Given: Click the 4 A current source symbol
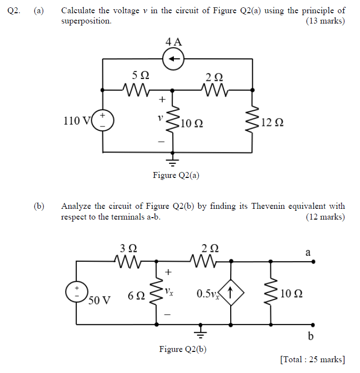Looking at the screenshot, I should click(x=172, y=59).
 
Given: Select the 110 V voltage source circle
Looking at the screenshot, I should click(x=103, y=120).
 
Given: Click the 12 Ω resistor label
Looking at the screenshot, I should click(x=272, y=122).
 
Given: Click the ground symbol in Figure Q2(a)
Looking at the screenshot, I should click(x=172, y=157).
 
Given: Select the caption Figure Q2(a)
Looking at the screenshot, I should click(x=176, y=175).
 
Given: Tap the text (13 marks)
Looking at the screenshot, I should click(x=325, y=21).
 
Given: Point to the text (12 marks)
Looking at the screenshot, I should click(x=325, y=217).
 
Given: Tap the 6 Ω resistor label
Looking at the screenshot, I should click(x=136, y=296).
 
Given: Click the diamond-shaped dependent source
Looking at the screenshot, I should click(x=231, y=294).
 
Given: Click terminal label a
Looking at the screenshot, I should click(x=308, y=252).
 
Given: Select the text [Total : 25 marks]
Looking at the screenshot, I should click(x=312, y=360).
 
